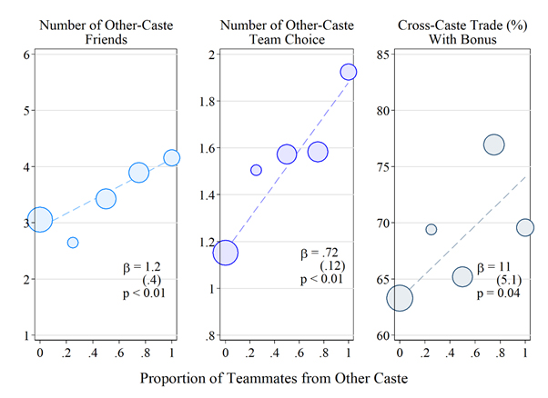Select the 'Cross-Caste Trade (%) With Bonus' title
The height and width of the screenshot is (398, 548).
(x=464, y=32)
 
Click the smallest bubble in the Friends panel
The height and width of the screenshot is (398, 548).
(x=73, y=243)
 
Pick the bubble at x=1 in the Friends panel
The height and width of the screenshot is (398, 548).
(x=171, y=158)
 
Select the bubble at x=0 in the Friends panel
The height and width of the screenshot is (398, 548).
(x=40, y=220)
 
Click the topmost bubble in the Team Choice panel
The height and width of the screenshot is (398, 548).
(x=349, y=72)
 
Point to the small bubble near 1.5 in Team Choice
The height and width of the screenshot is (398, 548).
(x=256, y=170)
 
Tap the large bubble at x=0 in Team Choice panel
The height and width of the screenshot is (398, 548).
(x=225, y=253)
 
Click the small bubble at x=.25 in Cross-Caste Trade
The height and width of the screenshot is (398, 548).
(x=431, y=229)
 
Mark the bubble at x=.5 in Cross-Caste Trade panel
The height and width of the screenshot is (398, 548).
(x=462, y=276)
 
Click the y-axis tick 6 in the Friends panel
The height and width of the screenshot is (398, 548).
(x=27, y=55)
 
